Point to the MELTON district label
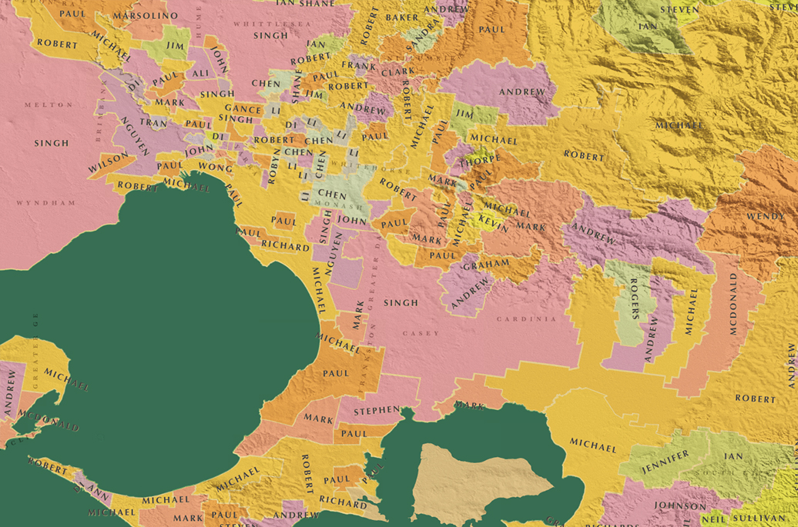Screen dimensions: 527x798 [x=49, y=105]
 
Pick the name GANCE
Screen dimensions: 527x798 [x=243, y=109]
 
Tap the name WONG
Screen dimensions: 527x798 [x=216, y=166]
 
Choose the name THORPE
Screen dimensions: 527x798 [x=481, y=163]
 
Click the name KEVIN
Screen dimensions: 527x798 [x=493, y=224]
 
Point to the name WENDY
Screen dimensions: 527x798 [x=765, y=216]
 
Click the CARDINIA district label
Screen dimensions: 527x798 [x=526, y=319]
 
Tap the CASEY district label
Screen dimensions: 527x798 [x=421, y=333]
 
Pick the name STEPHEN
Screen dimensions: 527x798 [x=376, y=411]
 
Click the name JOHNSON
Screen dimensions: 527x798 [x=679, y=505]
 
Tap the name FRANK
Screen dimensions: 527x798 [x=359, y=66]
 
